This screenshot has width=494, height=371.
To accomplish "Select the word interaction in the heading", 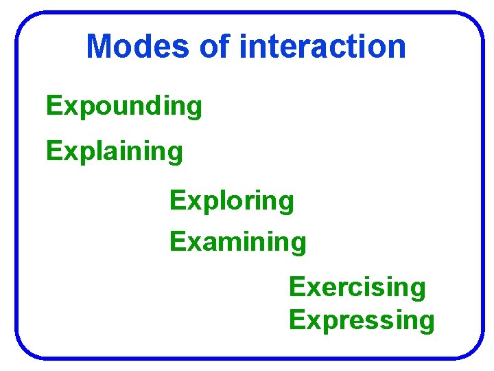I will pyautogui.click(x=322, y=46).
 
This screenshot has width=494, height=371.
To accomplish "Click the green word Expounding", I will pyautogui.click(x=124, y=106).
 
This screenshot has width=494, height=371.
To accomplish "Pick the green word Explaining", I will pyautogui.click(x=115, y=151).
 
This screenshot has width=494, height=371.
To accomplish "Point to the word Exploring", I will pyautogui.click(x=232, y=201).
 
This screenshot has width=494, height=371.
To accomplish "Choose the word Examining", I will pyautogui.click(x=238, y=242).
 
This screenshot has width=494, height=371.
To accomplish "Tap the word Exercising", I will pyautogui.click(x=357, y=287).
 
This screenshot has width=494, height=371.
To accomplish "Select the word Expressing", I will pyautogui.click(x=362, y=320).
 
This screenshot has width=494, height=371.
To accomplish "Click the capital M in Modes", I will pyautogui.click(x=99, y=46).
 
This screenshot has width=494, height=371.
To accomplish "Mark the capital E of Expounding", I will pyautogui.click(x=53, y=106).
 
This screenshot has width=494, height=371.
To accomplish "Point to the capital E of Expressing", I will pyautogui.click(x=296, y=320).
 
